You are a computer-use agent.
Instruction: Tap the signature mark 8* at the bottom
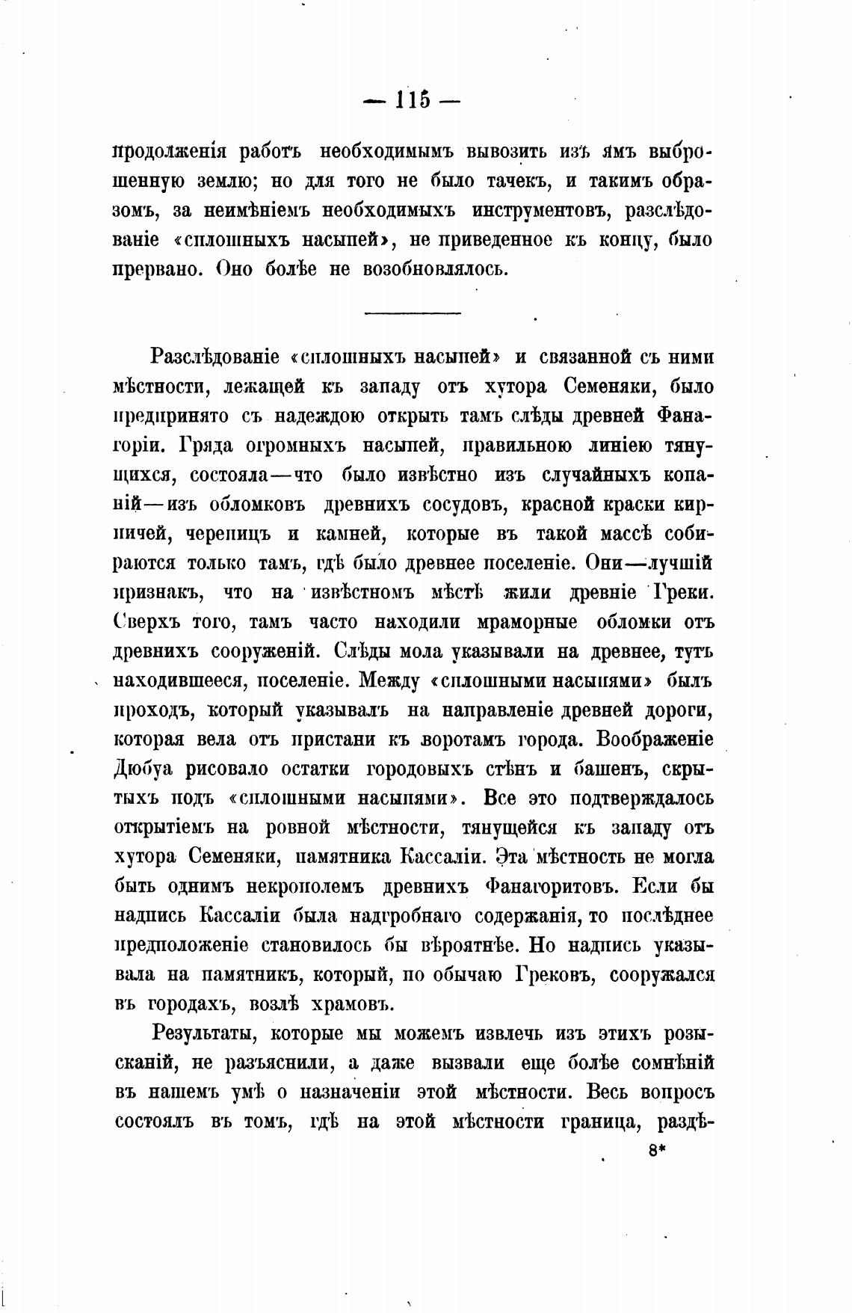click(658, 1152)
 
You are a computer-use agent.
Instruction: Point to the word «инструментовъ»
click(540, 211)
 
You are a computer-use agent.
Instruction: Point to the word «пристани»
click(334, 739)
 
